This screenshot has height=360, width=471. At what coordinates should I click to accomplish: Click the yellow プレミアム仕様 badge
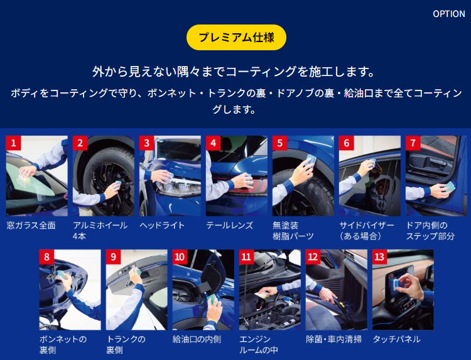[236, 37]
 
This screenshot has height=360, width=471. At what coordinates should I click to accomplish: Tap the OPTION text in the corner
[449, 14]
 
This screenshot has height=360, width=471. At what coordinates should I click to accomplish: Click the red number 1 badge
[14, 143]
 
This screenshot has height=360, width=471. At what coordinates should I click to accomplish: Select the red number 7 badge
[413, 143]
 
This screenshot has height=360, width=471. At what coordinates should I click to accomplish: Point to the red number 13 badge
[380, 257]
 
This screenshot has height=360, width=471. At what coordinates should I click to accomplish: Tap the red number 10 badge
[180, 257]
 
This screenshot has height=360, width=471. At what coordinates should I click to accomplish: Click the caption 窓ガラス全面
[31, 226]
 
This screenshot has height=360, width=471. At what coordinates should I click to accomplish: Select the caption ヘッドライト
[162, 226]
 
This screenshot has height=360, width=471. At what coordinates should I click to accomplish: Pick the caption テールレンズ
[229, 226]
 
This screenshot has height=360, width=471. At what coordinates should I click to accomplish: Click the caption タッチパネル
[396, 339]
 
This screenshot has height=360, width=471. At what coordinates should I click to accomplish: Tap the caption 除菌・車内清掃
[333, 339]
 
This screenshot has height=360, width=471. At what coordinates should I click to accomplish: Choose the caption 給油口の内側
[197, 339]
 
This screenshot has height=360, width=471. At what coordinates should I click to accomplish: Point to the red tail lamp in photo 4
[249, 187]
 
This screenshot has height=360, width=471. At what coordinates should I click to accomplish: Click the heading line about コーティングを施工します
[233, 72]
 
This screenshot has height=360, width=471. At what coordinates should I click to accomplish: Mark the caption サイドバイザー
[367, 226]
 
